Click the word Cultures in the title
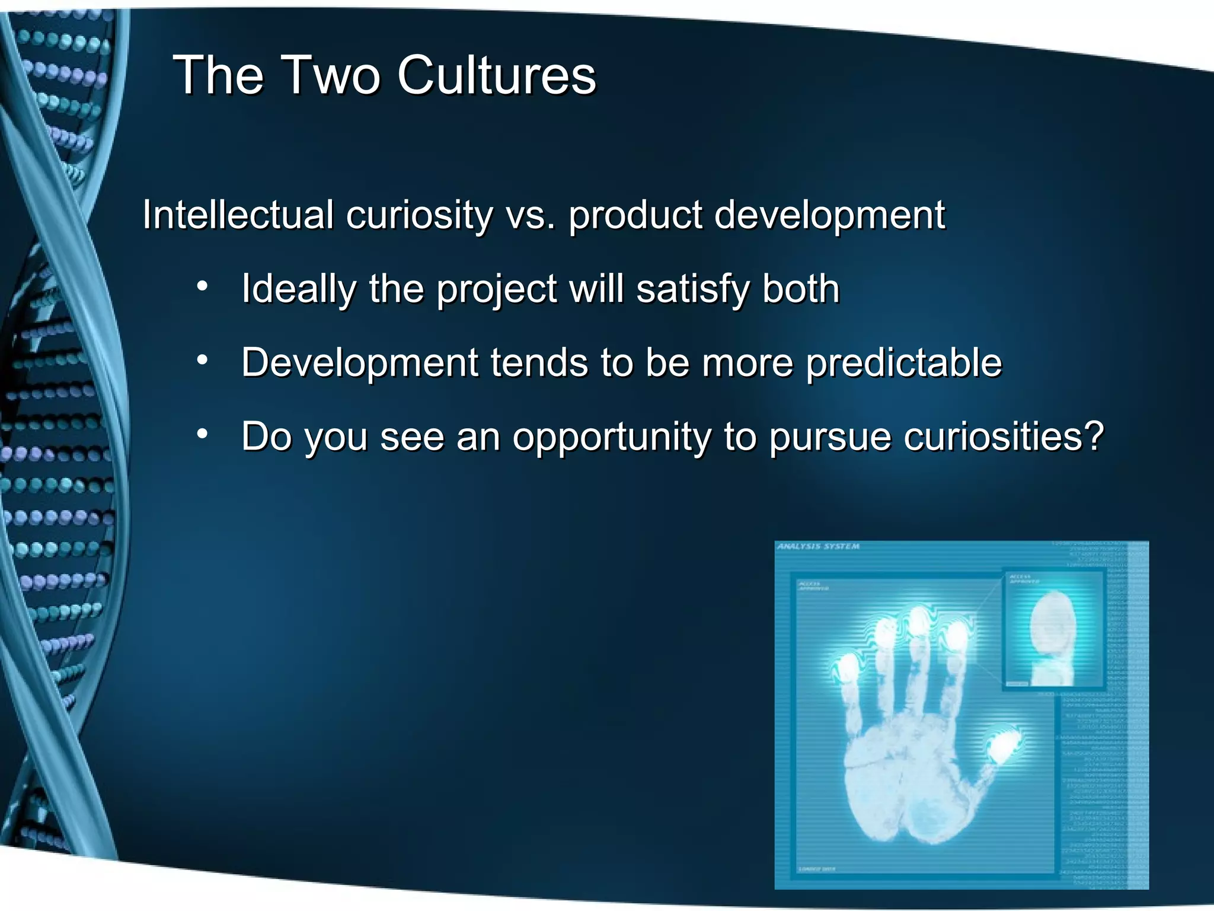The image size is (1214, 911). point(497,75)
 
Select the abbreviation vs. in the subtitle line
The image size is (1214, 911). point(531,215)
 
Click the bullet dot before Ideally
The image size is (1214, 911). point(203,286)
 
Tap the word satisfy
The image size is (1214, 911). point(692,289)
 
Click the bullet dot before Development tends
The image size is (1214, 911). point(203,360)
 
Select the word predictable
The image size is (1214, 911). point(903,363)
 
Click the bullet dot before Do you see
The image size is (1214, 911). point(203,434)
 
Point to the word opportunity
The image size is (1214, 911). point(611,438)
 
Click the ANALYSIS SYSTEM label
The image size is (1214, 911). point(818,546)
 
